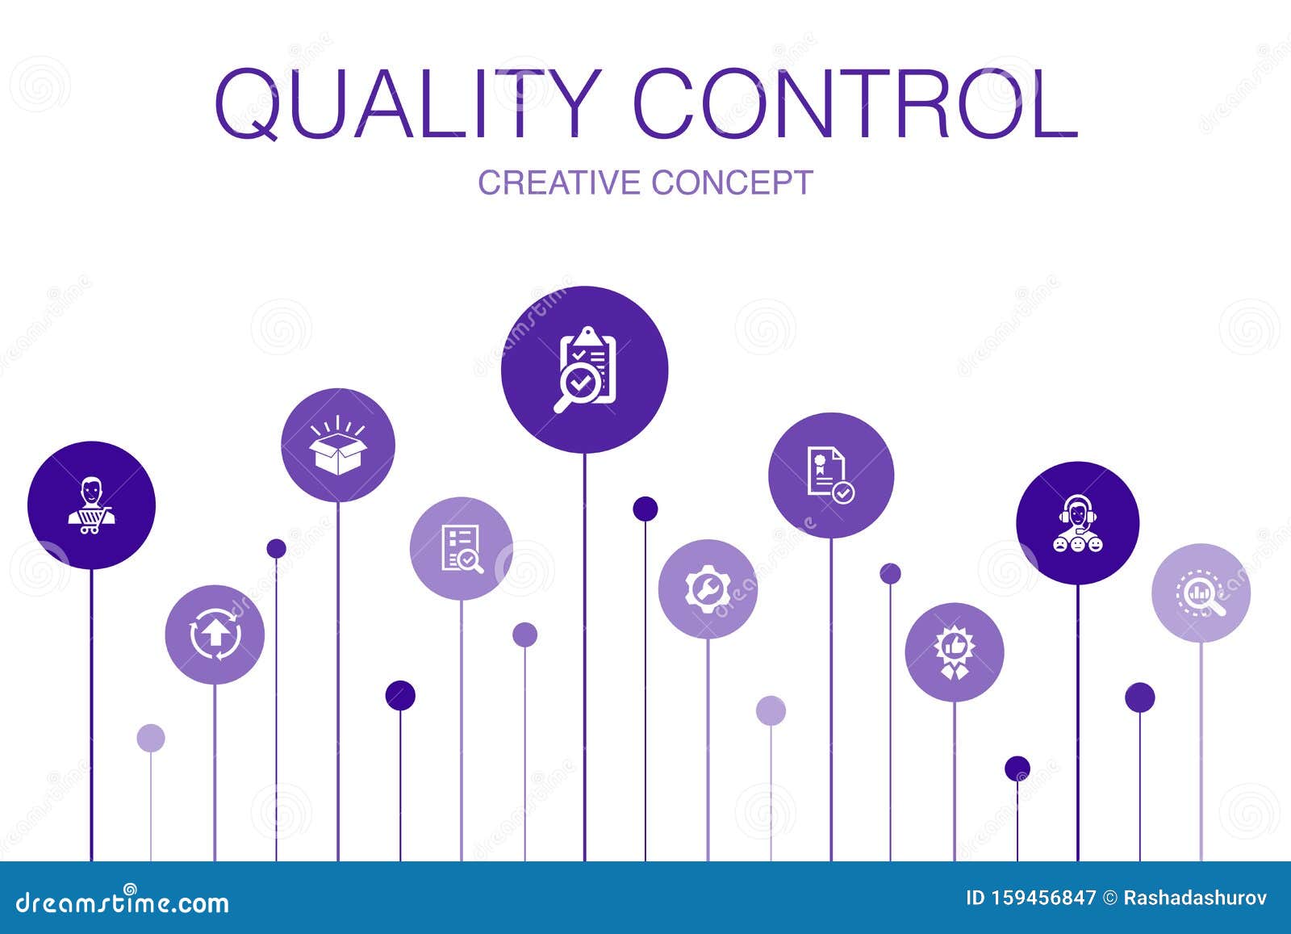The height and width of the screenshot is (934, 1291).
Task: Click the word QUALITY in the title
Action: coord(408,106)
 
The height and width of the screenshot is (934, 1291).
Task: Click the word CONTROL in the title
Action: coord(856,106)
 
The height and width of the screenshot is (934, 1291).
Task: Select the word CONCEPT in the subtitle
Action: coord(733,182)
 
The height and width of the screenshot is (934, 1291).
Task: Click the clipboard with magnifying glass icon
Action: coord(585,370)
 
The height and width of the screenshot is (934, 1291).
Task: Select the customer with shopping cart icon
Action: coord(91,506)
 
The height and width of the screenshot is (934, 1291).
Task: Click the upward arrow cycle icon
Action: coord(215,635)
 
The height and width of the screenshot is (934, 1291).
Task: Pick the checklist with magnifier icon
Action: coord(462,549)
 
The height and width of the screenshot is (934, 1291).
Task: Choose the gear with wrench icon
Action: coord(708,589)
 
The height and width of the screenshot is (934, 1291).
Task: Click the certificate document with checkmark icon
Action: coord(830,475)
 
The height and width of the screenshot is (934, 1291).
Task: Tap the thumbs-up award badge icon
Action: coord(954,652)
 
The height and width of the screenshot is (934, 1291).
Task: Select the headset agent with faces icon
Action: coord(1077,524)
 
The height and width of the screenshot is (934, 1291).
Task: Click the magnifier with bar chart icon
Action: coord(1201,594)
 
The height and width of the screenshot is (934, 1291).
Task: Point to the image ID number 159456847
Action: coord(1041,898)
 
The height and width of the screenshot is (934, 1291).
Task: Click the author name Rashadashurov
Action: coord(1195,898)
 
